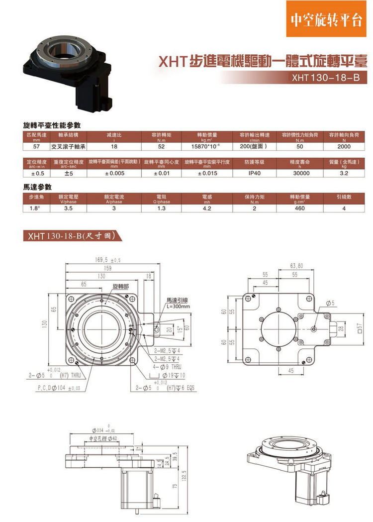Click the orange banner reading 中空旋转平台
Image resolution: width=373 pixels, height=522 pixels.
pos(326,20)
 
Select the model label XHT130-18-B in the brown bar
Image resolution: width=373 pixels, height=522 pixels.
pos(325,78)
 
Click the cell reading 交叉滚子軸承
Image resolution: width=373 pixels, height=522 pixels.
pos(69,147)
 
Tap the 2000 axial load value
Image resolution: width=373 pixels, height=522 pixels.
pos(344,147)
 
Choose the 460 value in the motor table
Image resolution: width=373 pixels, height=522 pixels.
pos(300,209)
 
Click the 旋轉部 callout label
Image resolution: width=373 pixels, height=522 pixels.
pos(120,287)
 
